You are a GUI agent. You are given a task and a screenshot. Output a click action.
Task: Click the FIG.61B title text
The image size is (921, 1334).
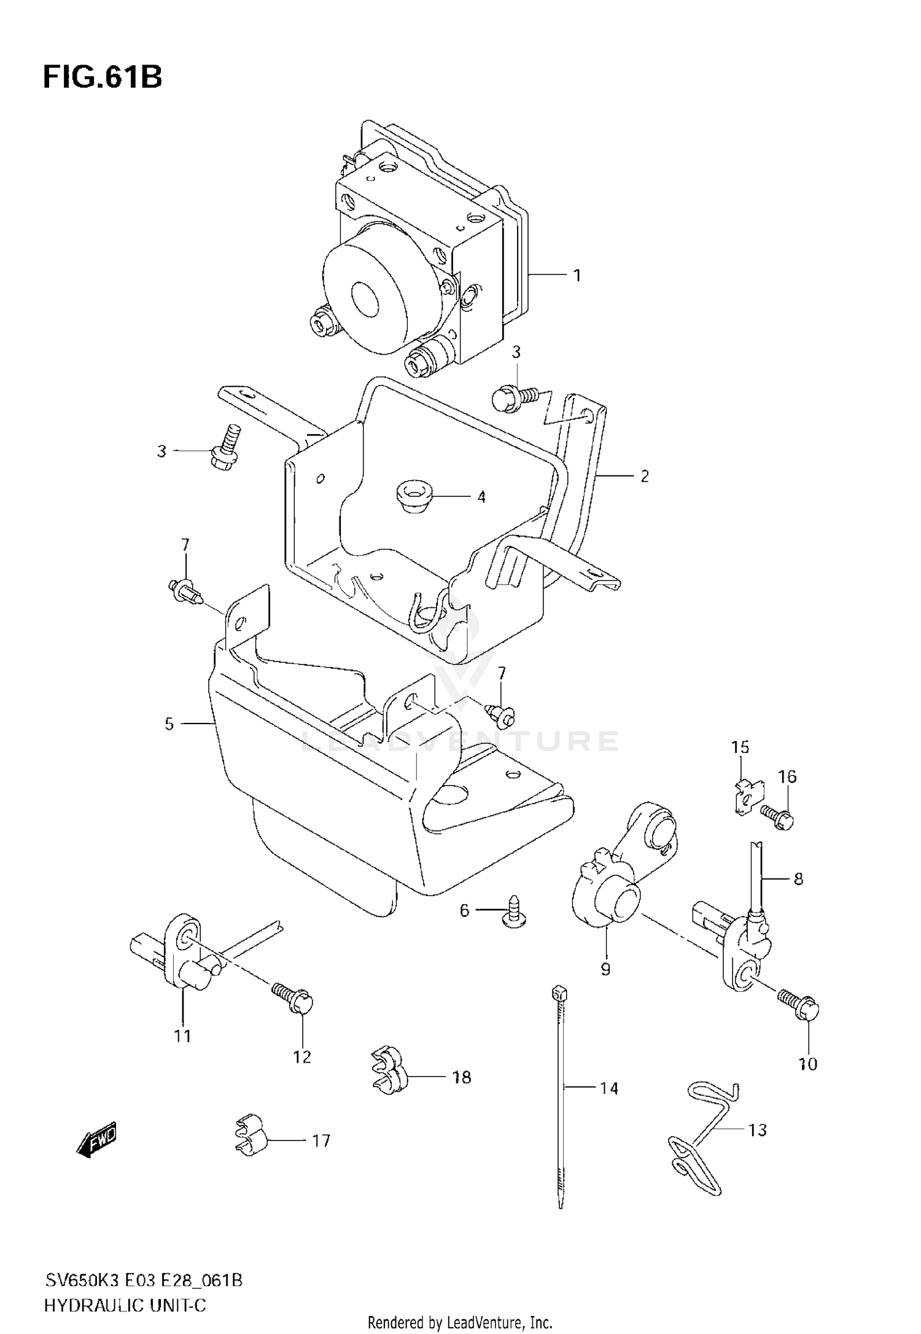click(x=103, y=78)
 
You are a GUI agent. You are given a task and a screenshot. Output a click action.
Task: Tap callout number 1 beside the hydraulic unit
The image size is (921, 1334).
click(x=577, y=276)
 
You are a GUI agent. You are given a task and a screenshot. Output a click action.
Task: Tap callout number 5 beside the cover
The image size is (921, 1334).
click(x=169, y=724)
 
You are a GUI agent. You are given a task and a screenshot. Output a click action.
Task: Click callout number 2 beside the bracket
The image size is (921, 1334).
click(x=644, y=477)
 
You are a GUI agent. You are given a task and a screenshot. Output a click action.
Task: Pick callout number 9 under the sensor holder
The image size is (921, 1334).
click(x=605, y=970)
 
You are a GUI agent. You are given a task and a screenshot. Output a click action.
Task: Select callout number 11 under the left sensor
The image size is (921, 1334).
click(x=182, y=1036)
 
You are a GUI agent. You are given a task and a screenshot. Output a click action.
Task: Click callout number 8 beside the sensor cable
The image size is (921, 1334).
click(x=798, y=879)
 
